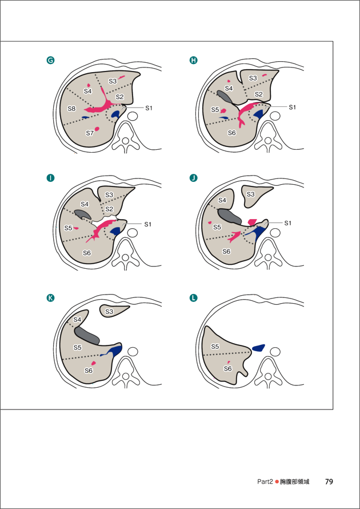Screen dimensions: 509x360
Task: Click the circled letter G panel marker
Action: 51,61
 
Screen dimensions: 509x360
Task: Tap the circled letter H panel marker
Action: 193,61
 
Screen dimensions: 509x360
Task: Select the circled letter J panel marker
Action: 193,178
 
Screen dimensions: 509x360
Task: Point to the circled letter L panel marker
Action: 193,298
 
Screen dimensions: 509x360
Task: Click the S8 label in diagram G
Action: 72,109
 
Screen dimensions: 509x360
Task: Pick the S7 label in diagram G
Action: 90,133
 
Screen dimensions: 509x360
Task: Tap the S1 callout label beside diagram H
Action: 293,107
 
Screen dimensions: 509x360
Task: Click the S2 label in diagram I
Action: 109,209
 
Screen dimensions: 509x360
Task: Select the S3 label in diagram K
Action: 109,311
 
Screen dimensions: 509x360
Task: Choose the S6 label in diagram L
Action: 227,369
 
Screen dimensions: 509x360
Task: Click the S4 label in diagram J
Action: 222,200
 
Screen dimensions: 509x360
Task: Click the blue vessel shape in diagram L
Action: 258,348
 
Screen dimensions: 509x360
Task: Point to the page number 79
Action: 329,482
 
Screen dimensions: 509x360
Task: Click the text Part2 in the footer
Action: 265,482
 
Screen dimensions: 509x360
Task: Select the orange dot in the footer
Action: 277,482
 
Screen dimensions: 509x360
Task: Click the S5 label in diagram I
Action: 69,228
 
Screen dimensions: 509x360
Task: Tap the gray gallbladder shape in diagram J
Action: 230,215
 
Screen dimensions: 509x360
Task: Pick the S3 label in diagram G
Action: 113,81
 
